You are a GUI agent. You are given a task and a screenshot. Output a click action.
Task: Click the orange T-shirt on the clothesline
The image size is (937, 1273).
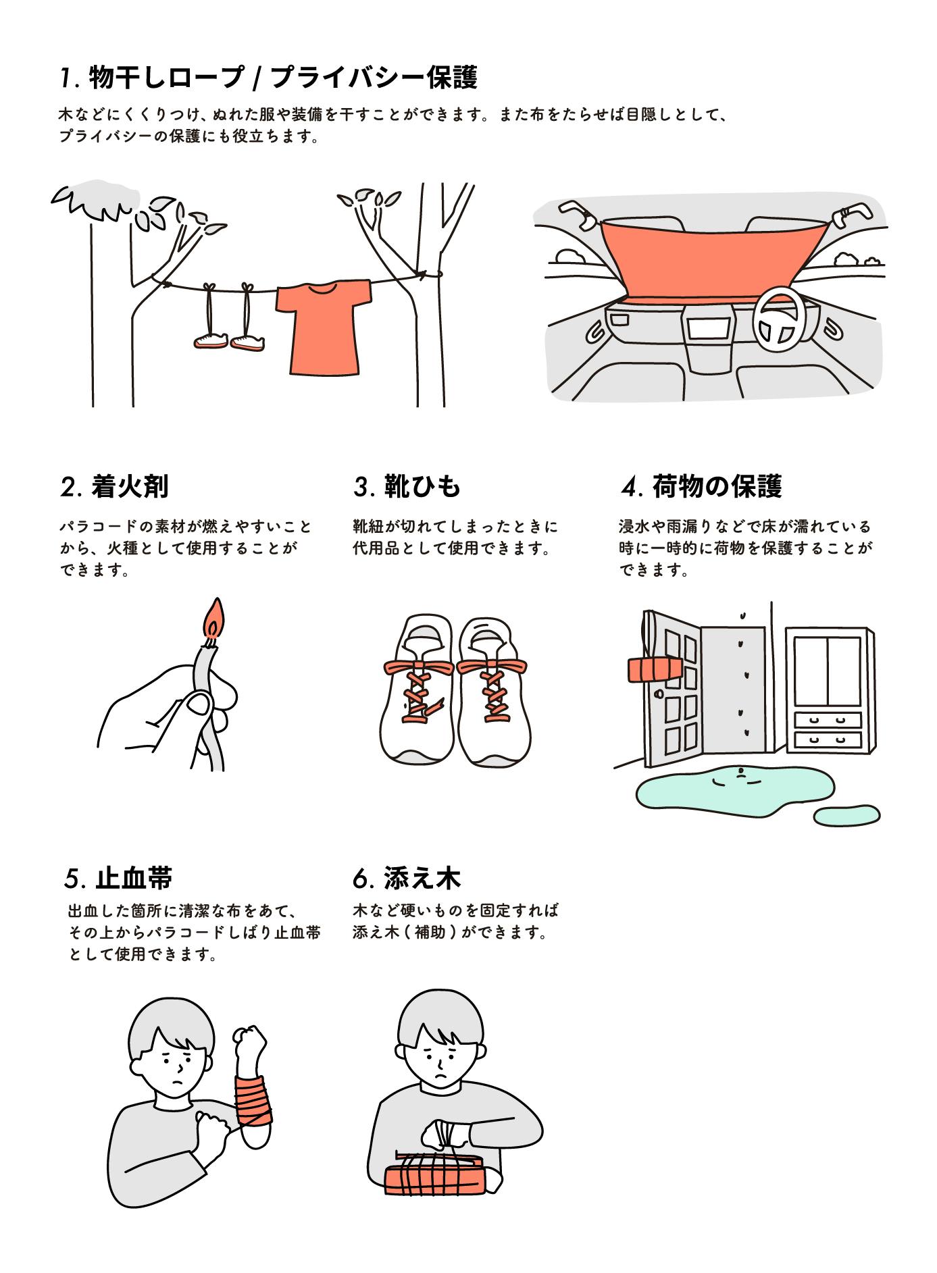coord(324,327)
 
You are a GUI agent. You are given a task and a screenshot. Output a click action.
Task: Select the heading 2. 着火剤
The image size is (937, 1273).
coord(114,486)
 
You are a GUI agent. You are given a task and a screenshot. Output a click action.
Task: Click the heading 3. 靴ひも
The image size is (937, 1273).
coord(407,486)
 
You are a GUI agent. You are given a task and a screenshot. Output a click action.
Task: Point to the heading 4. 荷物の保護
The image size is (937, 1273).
coord(701,486)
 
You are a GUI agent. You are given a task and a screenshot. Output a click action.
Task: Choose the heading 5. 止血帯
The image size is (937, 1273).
coord(118,878)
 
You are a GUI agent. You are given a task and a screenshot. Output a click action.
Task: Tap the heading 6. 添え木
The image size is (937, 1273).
coord(407,878)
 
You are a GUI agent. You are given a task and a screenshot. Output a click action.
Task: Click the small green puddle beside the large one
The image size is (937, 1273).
coord(847,815)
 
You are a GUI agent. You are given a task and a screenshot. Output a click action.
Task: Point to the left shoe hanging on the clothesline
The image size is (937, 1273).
coord(210,340)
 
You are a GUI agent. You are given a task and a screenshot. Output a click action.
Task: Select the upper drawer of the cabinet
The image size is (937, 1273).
coord(828,721)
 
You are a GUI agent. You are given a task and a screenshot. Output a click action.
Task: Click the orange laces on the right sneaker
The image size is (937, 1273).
coord(491,689)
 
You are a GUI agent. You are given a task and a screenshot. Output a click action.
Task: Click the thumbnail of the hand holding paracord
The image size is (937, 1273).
coord(199,705)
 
